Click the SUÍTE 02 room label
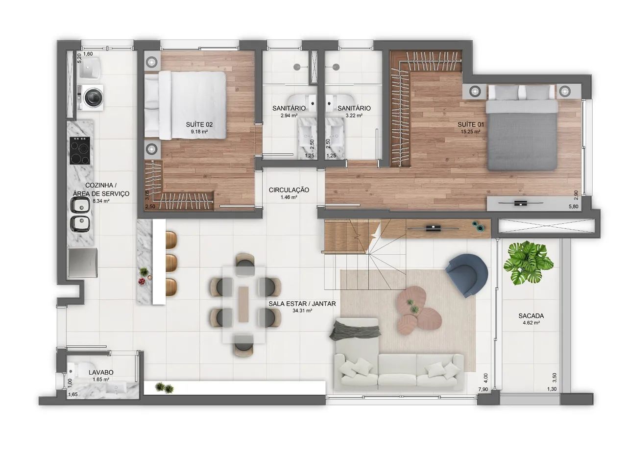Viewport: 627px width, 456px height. [199, 124]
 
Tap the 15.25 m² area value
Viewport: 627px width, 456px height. [471, 131]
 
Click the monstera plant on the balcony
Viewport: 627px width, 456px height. [528, 264]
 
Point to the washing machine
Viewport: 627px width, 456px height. [91, 97]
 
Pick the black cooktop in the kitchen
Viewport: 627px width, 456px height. [80, 150]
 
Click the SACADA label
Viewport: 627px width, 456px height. [531, 316]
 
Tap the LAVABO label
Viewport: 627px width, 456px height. [101, 372]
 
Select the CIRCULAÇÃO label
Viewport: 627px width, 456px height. [289, 190]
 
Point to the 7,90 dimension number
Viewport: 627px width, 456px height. [483, 389]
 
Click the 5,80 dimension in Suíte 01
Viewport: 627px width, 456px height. [573, 207]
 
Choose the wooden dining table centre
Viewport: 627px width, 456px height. [243, 304]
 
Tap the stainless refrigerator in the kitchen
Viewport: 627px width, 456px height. [83, 263]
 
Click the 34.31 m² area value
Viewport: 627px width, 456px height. [302, 311]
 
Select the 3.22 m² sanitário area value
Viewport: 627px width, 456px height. [354, 115]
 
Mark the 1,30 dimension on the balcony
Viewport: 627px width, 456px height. [552, 389]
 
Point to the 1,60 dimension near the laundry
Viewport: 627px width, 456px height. [88, 54]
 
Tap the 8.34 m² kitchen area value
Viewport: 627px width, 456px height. [101, 201]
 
